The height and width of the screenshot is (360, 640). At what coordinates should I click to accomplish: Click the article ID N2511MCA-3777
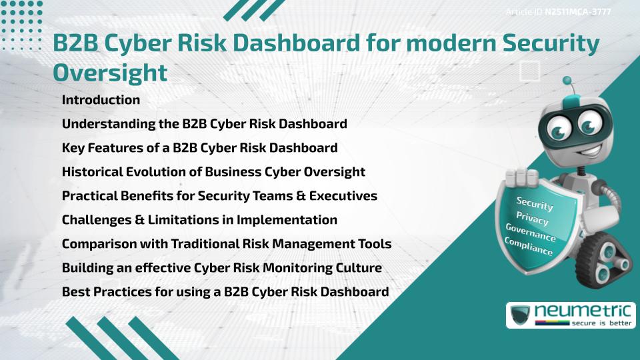point(577,12)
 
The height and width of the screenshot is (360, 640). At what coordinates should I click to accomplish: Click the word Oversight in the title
point(110,72)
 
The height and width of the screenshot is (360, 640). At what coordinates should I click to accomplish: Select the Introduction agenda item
point(101,100)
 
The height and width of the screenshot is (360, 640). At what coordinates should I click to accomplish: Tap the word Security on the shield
point(535,203)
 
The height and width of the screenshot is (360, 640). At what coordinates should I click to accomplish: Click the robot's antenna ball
point(568,81)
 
